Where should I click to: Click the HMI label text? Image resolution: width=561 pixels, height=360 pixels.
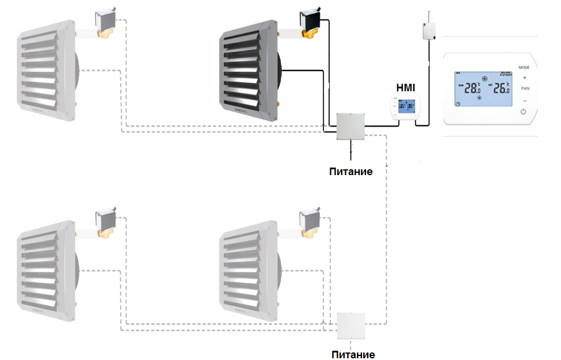pos(405,88)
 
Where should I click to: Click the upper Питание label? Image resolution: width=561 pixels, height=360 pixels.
pos(351,171)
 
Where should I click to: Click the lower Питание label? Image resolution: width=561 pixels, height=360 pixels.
pos(353,354)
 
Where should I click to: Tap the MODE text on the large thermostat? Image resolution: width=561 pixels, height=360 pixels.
pos(524,68)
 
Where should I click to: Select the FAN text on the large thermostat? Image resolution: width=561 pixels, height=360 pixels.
pos(525,88)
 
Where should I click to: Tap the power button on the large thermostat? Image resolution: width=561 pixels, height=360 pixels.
pos(524,110)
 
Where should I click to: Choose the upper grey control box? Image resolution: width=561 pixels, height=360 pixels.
pos(351,125)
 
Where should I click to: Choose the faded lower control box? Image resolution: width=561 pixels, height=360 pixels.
pos(352,326)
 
